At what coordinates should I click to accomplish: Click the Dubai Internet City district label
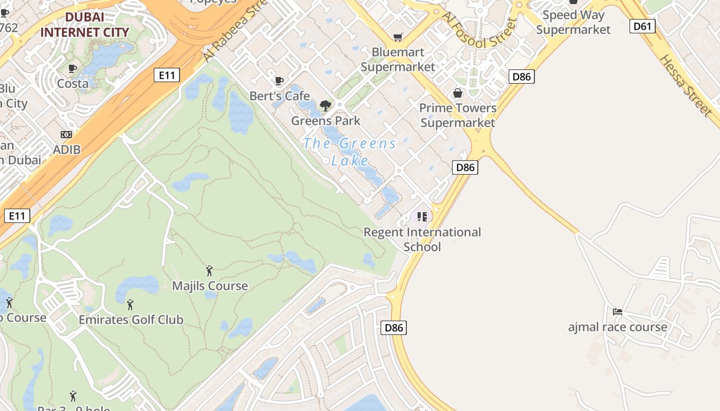[x=84, y=25]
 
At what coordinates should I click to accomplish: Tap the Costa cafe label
[x=73, y=83]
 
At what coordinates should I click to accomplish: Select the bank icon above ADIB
[x=66, y=135]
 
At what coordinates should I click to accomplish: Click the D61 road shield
[x=642, y=26]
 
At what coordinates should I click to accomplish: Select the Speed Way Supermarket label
[x=573, y=22]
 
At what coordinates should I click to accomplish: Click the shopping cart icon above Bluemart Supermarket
[x=398, y=37]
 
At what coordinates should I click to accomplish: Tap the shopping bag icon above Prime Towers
[x=457, y=93]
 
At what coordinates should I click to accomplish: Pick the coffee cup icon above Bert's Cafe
[x=279, y=81]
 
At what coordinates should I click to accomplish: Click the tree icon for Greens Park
[x=325, y=106]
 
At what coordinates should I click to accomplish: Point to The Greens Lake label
[x=350, y=152]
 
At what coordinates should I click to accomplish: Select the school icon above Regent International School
[x=422, y=217]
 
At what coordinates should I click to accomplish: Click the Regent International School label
[x=422, y=239]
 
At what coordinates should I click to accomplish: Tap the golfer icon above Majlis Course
[x=209, y=271]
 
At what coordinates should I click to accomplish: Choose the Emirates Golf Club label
[x=131, y=320]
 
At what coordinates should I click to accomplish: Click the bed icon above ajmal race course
[x=618, y=312]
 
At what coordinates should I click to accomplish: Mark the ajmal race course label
[x=618, y=327]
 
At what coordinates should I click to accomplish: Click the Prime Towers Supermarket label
[x=458, y=115]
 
